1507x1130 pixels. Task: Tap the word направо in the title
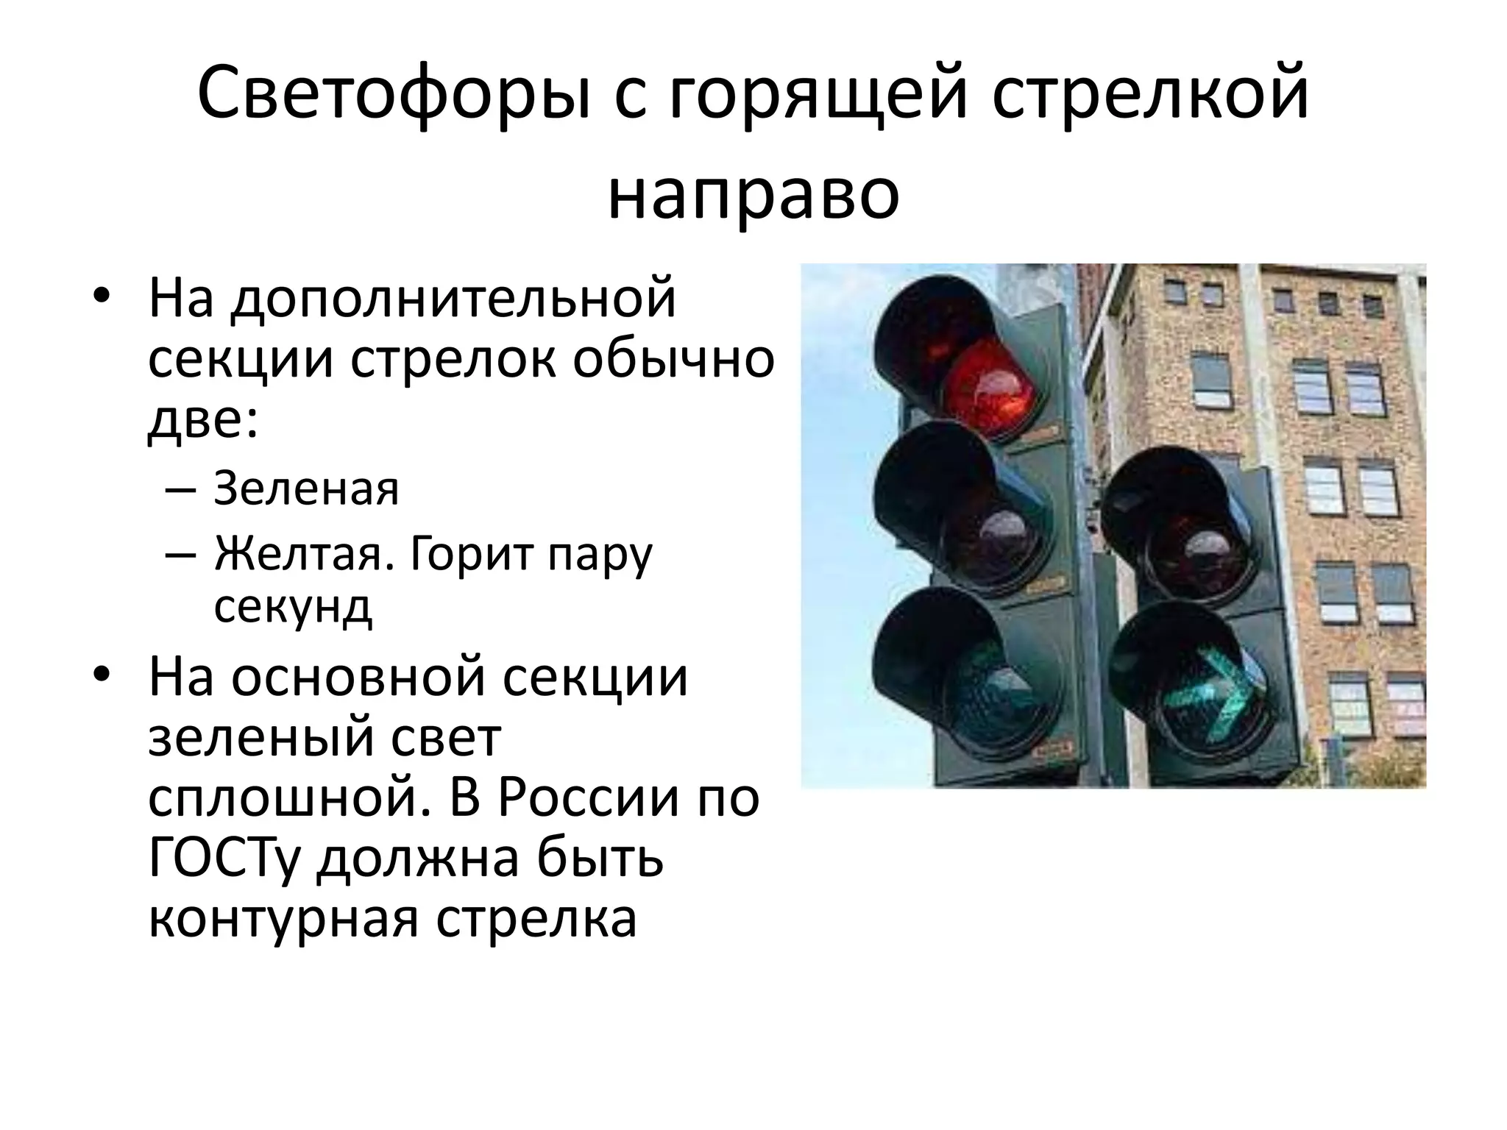tap(753, 197)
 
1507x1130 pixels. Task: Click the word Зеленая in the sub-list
tap(306, 488)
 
